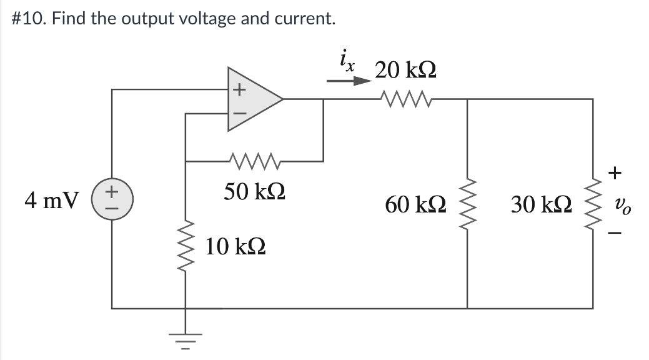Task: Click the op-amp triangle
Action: pyautogui.click(x=253, y=99)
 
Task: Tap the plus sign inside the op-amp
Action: pyautogui.click(x=238, y=90)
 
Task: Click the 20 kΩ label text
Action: pyautogui.click(x=405, y=70)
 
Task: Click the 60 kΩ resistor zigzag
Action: pyautogui.click(x=467, y=202)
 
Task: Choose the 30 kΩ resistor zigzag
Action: pyautogui.click(x=592, y=202)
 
